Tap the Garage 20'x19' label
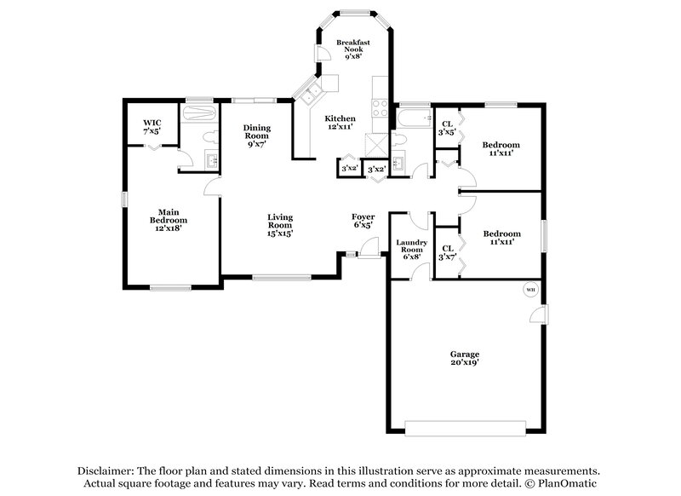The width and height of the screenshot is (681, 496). coord(465,358)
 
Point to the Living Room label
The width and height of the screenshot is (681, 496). coord(280,224)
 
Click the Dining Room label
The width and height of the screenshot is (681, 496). coord(256,136)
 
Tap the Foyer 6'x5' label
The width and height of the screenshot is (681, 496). coord(363,222)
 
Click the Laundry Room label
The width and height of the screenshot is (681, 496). coord(411,249)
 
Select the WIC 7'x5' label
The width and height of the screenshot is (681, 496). coord(152,127)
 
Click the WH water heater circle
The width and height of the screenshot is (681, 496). coord(529,290)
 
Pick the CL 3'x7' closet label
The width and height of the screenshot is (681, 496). coord(447,253)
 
